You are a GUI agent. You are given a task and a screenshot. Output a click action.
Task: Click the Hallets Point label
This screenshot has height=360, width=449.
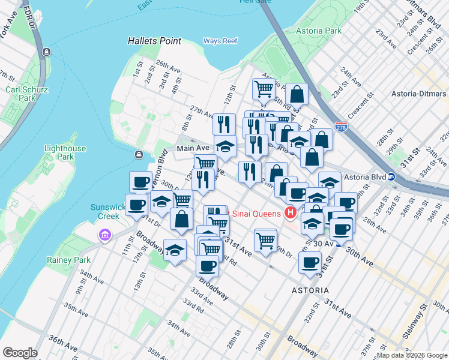(x=154, y=41)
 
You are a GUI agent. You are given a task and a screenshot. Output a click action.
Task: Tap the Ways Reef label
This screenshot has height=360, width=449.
(x=221, y=41)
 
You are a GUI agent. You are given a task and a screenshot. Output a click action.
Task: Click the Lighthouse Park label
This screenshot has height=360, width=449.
(x=65, y=153)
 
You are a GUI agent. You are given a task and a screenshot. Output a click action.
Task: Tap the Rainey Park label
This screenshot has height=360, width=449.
(x=68, y=260)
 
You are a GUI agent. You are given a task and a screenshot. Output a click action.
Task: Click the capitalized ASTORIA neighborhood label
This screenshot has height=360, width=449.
(x=310, y=290)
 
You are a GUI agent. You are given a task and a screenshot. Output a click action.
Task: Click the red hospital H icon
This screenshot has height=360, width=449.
(x=291, y=213)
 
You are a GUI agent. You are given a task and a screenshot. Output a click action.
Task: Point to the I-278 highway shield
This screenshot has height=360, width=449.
(x=341, y=127)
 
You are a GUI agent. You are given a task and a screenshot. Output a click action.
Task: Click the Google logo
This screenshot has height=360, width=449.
(x=19, y=353)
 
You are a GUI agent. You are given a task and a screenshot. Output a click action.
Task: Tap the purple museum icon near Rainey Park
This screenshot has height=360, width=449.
(x=106, y=233)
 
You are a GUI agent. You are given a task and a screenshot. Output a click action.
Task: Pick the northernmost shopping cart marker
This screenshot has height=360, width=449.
(x=264, y=89)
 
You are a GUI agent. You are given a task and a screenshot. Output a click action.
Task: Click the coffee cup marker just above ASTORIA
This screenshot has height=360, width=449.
(x=310, y=262)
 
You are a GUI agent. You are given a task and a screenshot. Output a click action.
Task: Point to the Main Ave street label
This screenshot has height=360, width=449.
(x=192, y=148)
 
